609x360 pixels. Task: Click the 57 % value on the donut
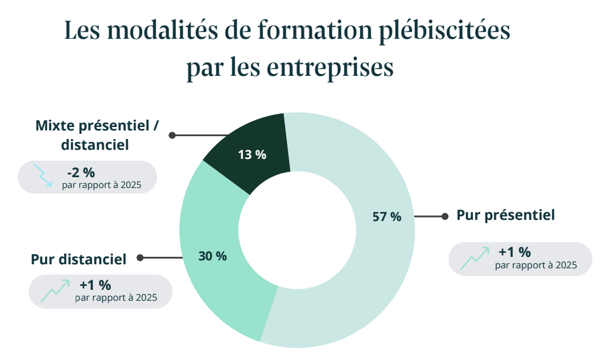pyautogui.click(x=387, y=216)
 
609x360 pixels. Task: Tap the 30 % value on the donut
pyautogui.click(x=212, y=256)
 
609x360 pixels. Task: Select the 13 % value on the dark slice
pyautogui.click(x=252, y=154)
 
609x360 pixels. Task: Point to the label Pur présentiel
pyautogui.click(x=505, y=215)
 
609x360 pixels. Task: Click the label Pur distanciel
pyautogui.click(x=79, y=259)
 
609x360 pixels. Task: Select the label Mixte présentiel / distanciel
pyautogui.click(x=96, y=135)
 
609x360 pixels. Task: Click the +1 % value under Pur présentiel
pyautogui.click(x=515, y=252)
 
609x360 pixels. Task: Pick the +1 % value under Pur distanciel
pyautogui.click(x=95, y=284)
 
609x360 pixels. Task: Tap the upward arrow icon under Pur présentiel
pyautogui.click(x=475, y=259)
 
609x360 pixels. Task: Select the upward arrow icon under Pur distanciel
pyautogui.click(x=55, y=291)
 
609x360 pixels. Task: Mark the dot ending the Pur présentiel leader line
pyautogui.click(x=446, y=216)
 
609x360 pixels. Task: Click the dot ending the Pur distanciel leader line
pyautogui.click(x=140, y=258)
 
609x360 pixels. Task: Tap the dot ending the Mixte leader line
pyautogui.click(x=172, y=136)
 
